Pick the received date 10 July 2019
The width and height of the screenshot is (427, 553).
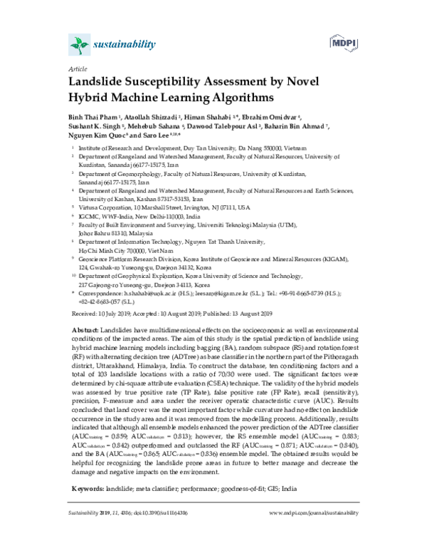[x=112, y=313]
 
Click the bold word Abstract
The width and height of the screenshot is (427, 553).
[x=88, y=331]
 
